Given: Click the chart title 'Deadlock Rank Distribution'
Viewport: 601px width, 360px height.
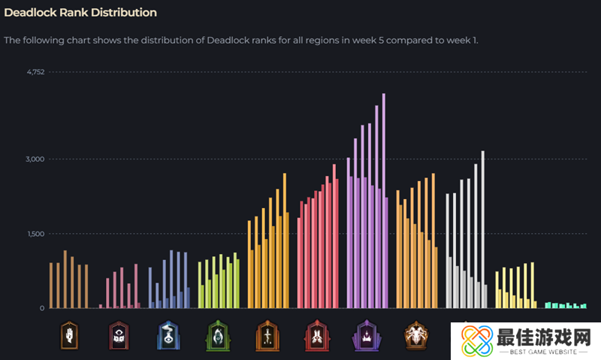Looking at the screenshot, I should [80, 13].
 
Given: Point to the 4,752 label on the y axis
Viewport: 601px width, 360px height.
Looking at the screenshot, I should [35, 72].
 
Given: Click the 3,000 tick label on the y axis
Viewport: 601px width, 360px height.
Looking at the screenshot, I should [35, 159].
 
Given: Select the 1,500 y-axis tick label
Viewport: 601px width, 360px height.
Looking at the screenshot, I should [35, 234].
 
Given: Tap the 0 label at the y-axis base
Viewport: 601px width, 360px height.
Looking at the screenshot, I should [42, 308].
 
